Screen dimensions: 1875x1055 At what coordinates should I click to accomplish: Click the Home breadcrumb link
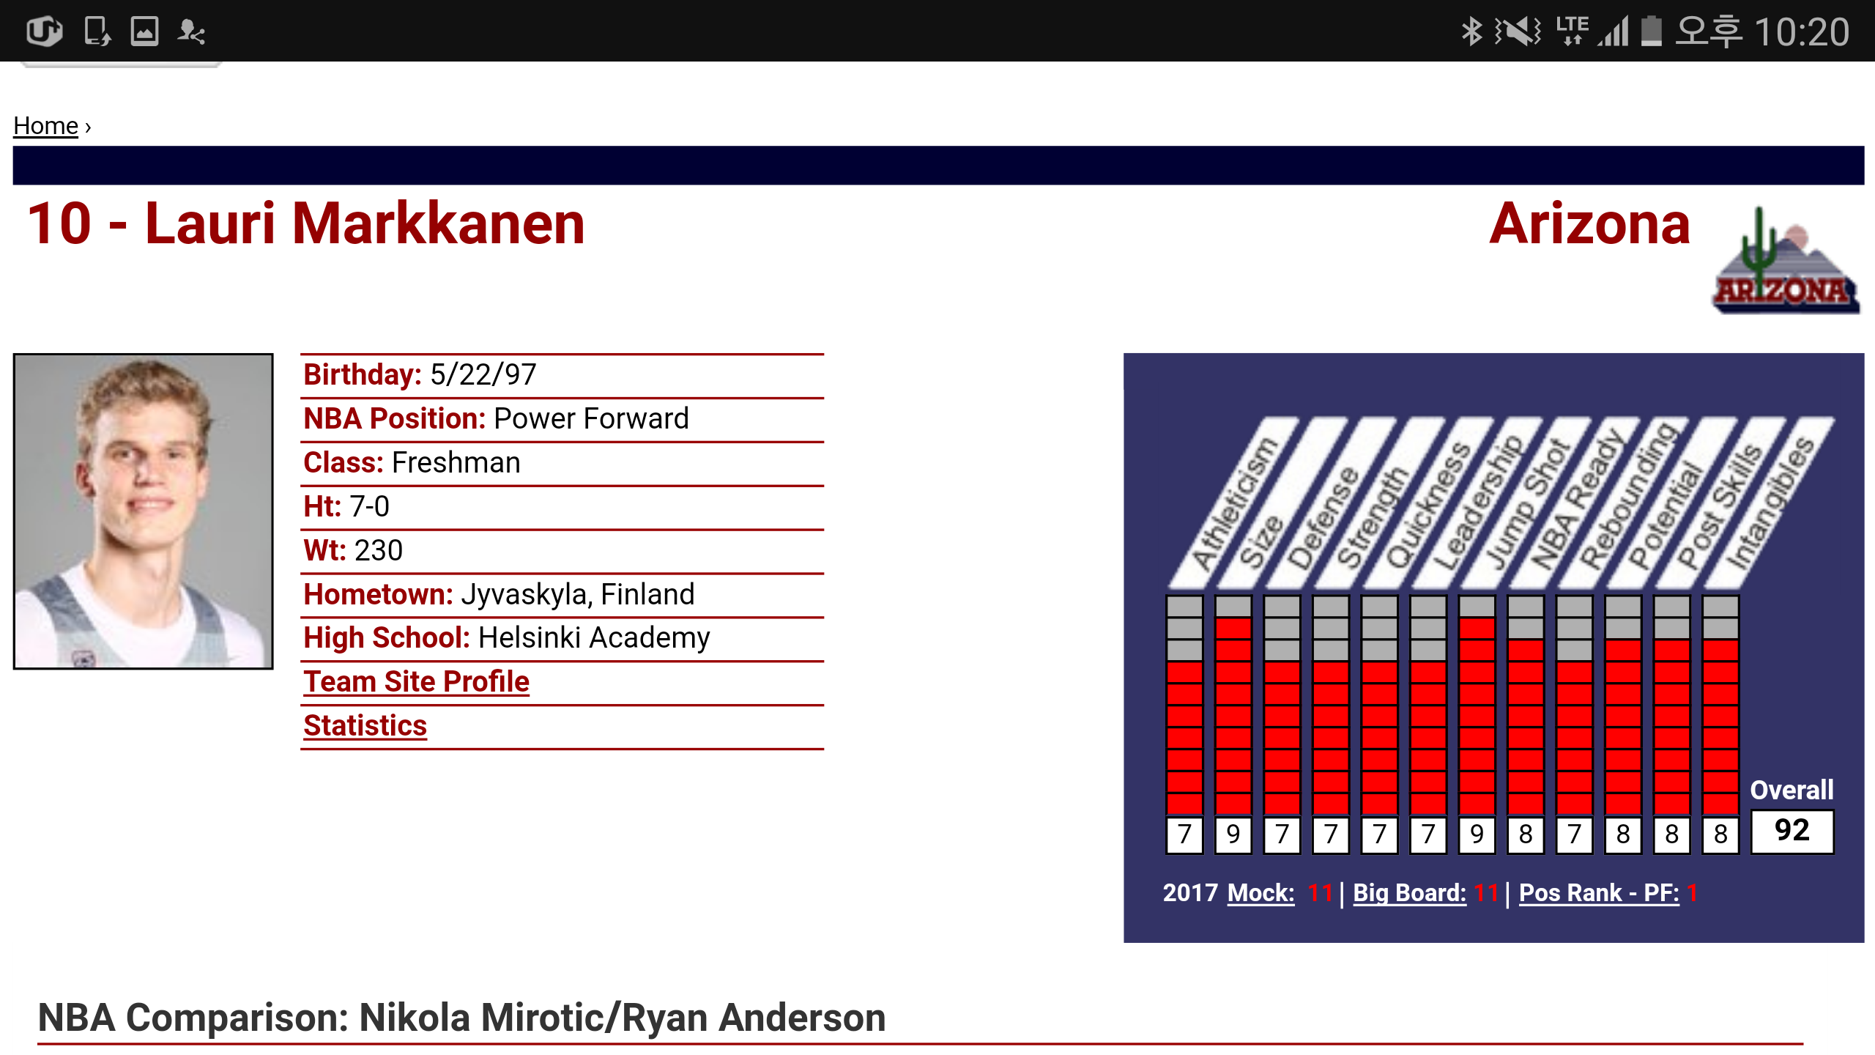[x=45, y=126]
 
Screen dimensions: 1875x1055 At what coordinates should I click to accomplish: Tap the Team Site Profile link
[x=416, y=682]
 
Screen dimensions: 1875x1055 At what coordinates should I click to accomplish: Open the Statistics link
[x=365, y=726]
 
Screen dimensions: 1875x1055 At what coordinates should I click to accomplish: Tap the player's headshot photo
[x=143, y=511]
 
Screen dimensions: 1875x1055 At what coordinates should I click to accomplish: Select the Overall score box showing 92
[x=1792, y=831]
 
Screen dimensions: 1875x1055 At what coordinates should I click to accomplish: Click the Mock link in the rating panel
[x=1260, y=893]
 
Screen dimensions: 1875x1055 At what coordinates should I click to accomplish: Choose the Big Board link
[x=1409, y=893]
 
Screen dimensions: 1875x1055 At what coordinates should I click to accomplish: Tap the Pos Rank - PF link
[x=1599, y=893]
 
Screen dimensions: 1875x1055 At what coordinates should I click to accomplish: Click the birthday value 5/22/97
[x=483, y=375]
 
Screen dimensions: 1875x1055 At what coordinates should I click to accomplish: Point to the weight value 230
[x=378, y=550]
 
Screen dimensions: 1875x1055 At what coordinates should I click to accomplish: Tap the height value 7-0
[x=369, y=506]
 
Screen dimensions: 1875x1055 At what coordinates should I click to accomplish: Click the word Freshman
[x=456, y=463]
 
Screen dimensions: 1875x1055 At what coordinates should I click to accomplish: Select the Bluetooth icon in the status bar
[x=1471, y=32]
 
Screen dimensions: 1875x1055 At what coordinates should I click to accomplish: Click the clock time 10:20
[x=1802, y=32]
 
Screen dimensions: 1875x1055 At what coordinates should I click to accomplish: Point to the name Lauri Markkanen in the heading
[x=365, y=223]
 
